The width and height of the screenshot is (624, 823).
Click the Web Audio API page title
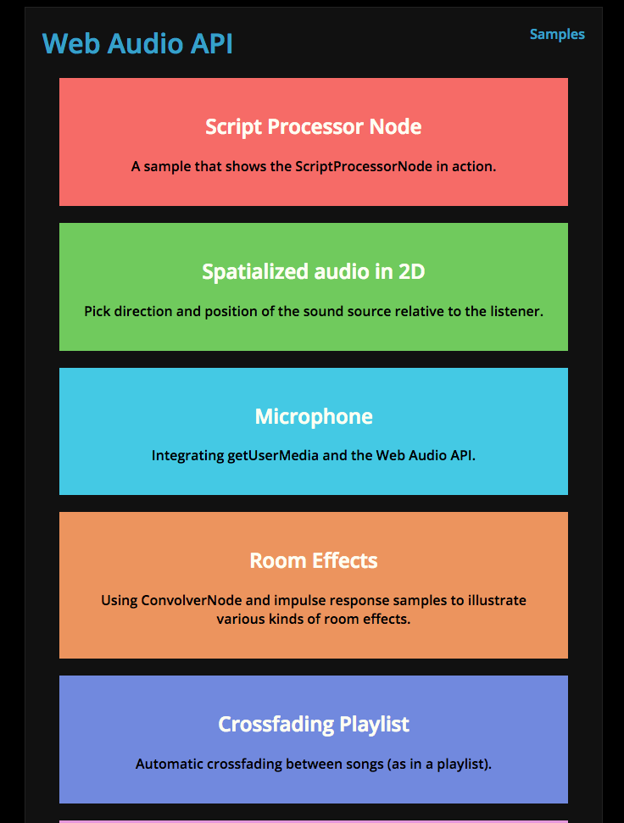click(137, 43)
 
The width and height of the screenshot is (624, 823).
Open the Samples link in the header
click(557, 35)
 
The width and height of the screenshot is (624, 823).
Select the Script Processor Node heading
click(314, 127)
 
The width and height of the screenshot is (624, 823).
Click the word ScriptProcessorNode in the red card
click(364, 166)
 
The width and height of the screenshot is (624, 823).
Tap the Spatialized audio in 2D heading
click(314, 272)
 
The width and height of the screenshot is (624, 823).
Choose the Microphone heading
click(314, 417)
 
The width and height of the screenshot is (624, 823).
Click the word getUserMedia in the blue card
click(273, 456)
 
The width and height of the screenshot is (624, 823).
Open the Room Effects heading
click(314, 560)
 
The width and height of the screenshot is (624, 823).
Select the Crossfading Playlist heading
click(314, 725)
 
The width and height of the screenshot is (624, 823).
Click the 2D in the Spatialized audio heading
click(412, 271)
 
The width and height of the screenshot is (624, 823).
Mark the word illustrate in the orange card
click(497, 600)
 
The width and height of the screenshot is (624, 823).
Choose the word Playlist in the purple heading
click(374, 725)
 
